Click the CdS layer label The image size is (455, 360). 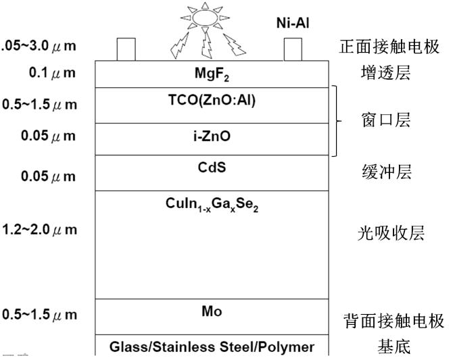pyautogui.click(x=212, y=165)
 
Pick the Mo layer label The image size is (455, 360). pyautogui.click(x=212, y=311)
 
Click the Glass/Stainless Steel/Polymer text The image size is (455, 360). pyautogui.click(x=212, y=347)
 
